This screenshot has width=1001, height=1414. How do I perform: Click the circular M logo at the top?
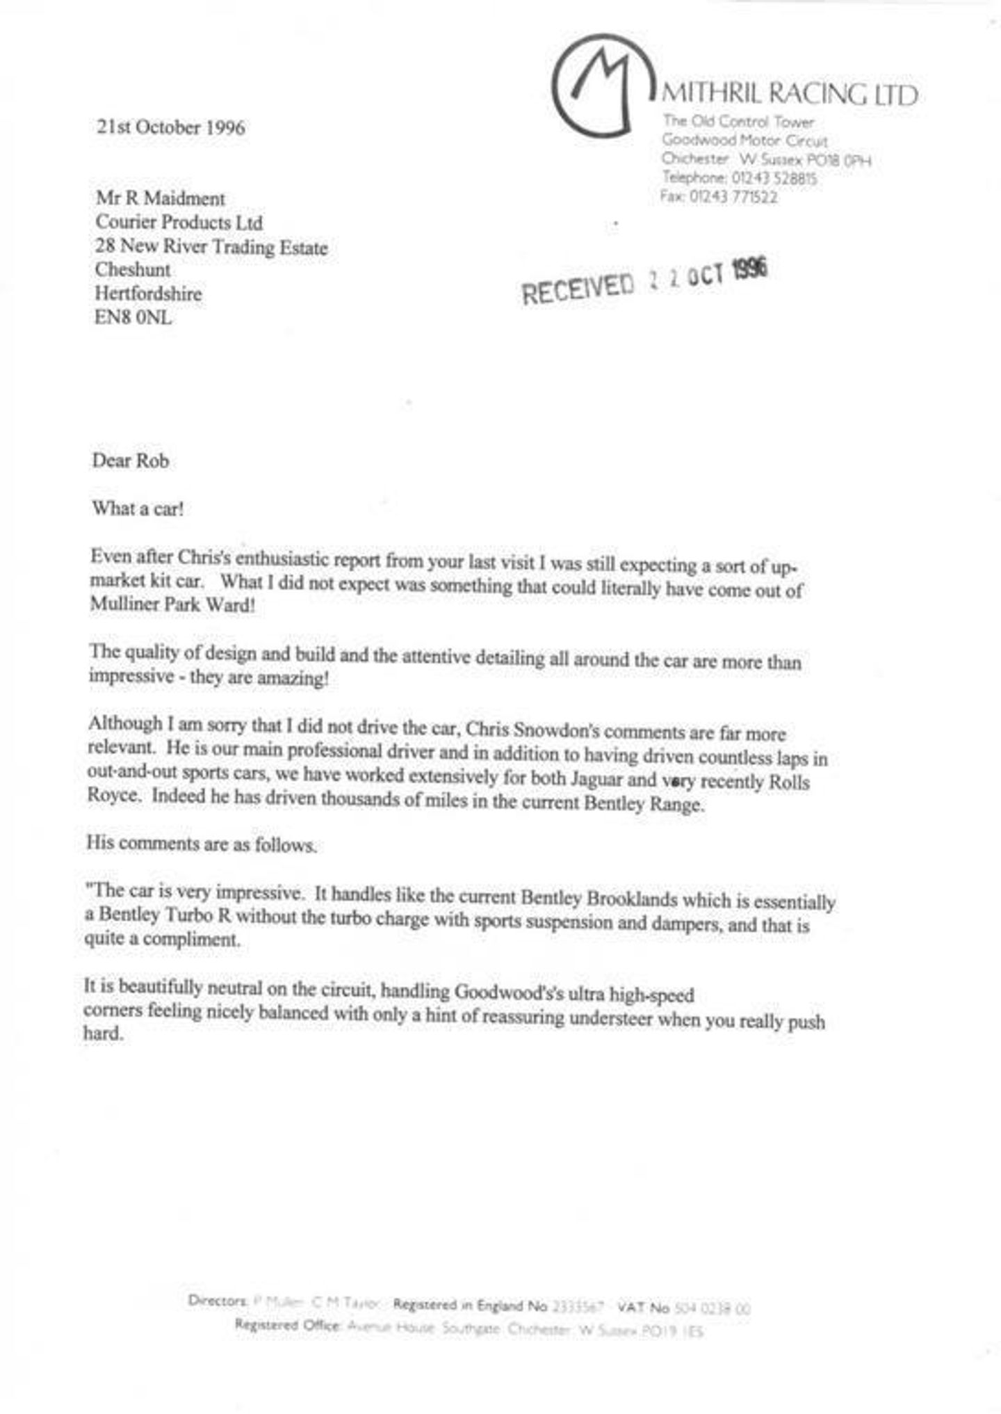[602, 85]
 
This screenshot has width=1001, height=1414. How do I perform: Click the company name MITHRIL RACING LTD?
[789, 94]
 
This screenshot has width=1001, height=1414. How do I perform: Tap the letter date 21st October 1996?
[170, 127]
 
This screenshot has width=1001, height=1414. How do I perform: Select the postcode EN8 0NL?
[133, 318]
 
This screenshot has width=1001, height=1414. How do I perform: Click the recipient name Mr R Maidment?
[160, 198]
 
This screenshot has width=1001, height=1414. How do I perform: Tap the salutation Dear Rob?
[130, 460]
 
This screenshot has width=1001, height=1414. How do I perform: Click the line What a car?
[138, 508]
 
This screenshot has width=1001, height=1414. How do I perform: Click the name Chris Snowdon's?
[532, 730]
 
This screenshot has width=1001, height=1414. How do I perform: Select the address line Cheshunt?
[132, 270]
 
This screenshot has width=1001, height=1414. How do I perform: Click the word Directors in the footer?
[218, 1300]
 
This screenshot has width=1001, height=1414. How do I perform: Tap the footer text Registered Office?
[288, 1324]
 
